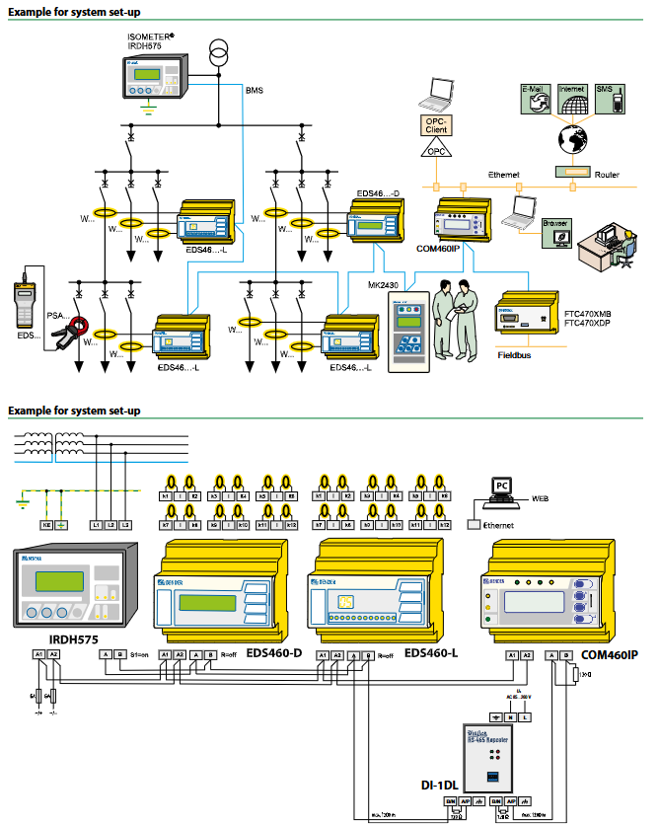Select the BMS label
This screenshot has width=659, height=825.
[x=255, y=91]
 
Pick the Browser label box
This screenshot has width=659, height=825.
[x=555, y=225]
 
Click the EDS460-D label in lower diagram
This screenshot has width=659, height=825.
[x=273, y=652]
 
